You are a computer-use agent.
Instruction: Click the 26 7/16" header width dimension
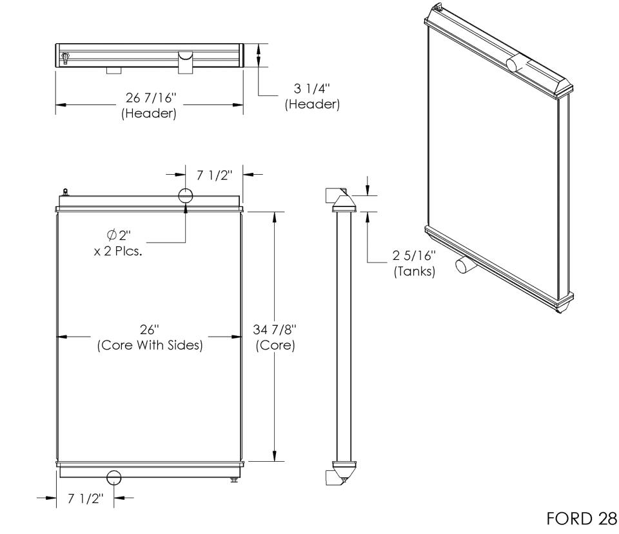pos(150,97)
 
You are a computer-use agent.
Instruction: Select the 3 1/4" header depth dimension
pos(312,88)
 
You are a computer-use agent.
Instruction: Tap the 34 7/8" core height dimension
pos(275,329)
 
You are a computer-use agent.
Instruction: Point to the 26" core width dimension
pos(149,329)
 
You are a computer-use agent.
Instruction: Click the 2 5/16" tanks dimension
pos(414,255)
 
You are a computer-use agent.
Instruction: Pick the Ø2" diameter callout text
pos(119,235)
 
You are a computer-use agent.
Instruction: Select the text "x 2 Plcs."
pos(118,252)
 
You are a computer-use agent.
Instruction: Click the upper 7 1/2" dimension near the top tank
pos(214,175)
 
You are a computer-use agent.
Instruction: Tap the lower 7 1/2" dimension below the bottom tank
pos(85,499)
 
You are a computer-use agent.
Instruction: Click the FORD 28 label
pos(582,519)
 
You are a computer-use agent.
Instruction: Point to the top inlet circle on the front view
pos(186,195)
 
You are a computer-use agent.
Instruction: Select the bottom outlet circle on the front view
pos(114,477)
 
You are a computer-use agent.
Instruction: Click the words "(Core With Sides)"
pos(150,345)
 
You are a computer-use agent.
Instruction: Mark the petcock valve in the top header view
pos(65,57)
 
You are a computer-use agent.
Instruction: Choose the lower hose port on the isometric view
pos(463,264)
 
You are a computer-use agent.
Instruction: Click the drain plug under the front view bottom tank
pos(234,479)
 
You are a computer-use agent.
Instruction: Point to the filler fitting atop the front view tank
pos(65,192)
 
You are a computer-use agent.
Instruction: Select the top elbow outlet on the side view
pos(333,196)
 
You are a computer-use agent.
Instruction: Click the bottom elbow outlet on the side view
pos(333,477)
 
